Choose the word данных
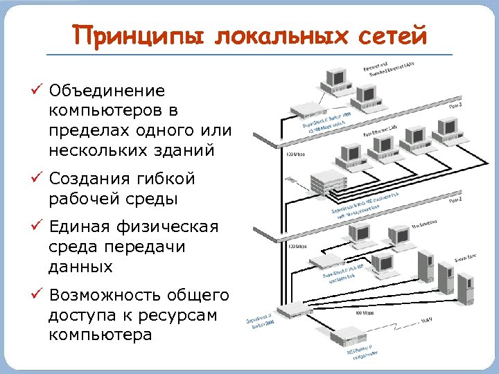point(80,267)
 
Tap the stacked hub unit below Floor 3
point(329,183)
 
